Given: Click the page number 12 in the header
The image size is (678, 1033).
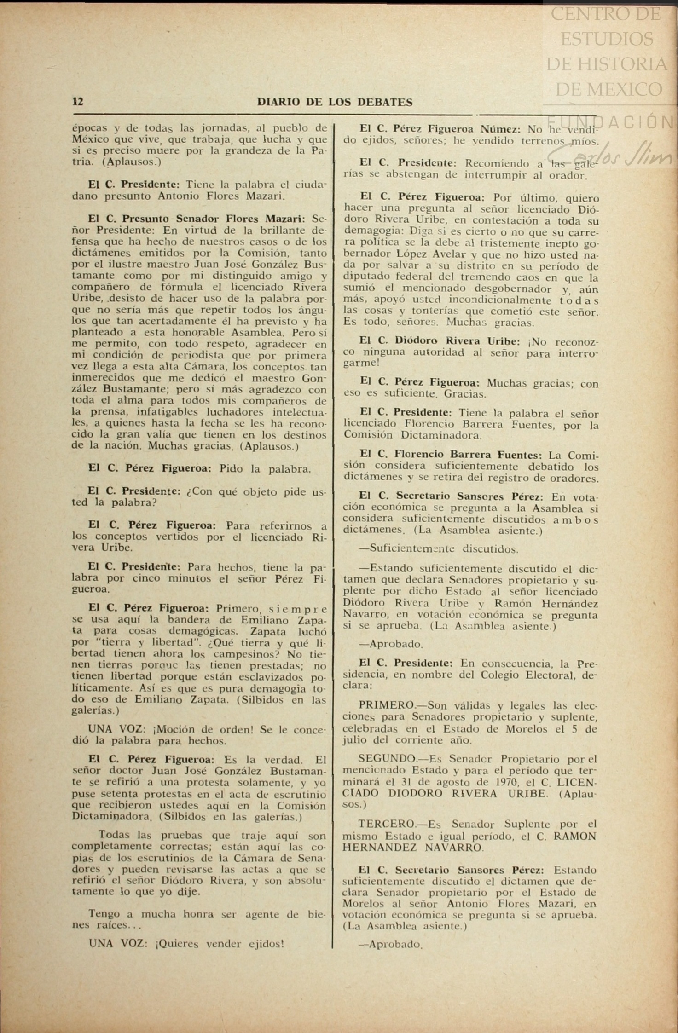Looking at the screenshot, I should [78, 102].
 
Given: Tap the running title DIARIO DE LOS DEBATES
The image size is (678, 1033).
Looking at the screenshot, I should [335, 102].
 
